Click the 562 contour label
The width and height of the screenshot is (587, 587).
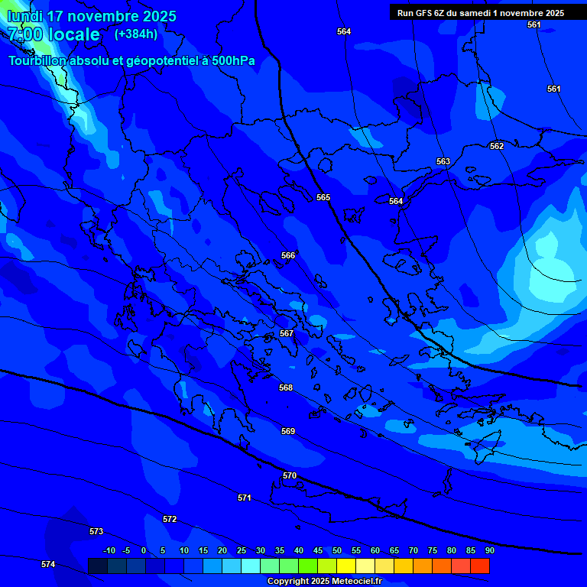pos(497,146)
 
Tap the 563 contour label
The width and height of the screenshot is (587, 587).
pos(443,161)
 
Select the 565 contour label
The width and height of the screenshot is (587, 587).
pos(323,197)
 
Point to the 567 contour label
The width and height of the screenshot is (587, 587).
pos(287,333)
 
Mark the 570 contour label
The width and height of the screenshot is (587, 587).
pos(289,475)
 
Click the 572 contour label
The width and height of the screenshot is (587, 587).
pos(170,519)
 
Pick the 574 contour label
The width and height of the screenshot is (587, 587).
pos(48,564)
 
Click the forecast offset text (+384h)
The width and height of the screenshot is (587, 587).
pos(136,34)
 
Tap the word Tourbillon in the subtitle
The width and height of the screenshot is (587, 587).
pos(38,61)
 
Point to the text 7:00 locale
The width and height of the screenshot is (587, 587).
pos(54,34)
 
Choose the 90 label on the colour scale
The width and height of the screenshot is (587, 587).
pos(489,550)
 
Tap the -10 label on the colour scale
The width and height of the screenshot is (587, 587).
pos(109,550)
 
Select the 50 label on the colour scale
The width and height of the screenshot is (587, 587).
pos(337,550)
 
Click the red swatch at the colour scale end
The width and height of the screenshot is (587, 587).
pos(480,566)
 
